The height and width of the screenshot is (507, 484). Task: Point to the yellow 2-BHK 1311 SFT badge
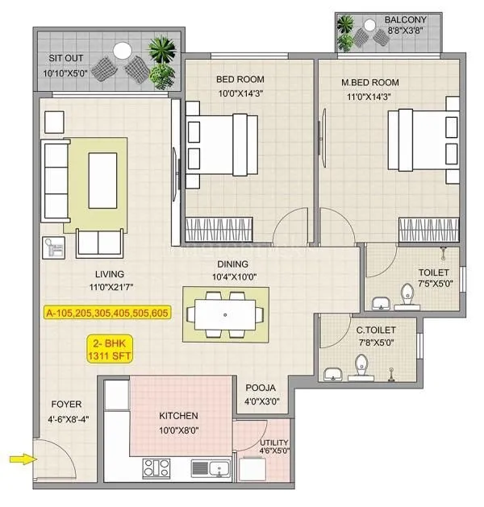point(111,350)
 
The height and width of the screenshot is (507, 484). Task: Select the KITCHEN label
point(178,416)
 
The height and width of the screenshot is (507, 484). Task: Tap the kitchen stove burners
point(156,467)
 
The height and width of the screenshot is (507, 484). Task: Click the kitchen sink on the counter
point(211,467)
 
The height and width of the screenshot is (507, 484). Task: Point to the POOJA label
point(262,389)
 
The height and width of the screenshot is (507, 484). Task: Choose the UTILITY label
point(273,443)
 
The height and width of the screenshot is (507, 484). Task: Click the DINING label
point(232,264)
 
